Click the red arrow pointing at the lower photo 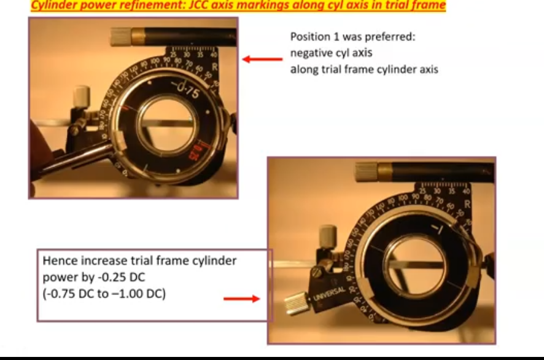[241, 299]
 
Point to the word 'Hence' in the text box [57, 260]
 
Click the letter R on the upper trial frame [214, 67]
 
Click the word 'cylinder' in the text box [212, 260]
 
